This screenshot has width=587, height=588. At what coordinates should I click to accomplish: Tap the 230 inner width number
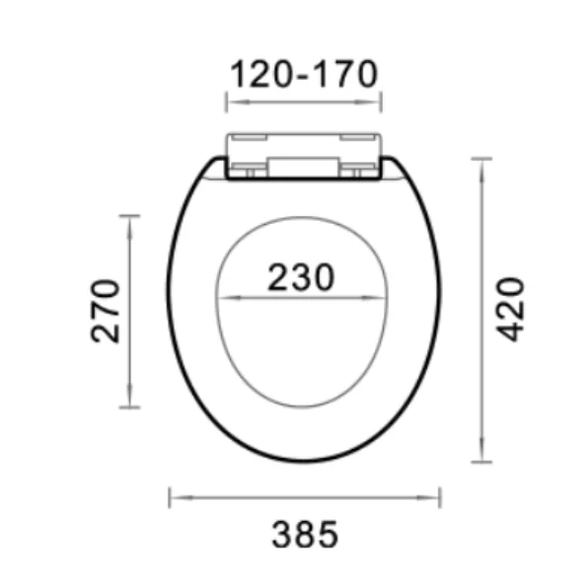click(299, 277)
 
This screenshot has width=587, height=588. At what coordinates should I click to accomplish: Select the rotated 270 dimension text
click(106, 310)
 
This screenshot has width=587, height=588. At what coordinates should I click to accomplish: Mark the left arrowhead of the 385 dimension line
click(174, 497)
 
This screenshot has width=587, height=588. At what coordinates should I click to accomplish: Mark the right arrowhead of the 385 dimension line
click(437, 497)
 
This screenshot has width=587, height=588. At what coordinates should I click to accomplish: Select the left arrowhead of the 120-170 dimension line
click(231, 101)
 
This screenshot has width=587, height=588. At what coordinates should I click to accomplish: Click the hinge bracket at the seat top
click(304, 155)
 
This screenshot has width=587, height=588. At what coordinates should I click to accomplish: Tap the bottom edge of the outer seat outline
click(302, 460)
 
